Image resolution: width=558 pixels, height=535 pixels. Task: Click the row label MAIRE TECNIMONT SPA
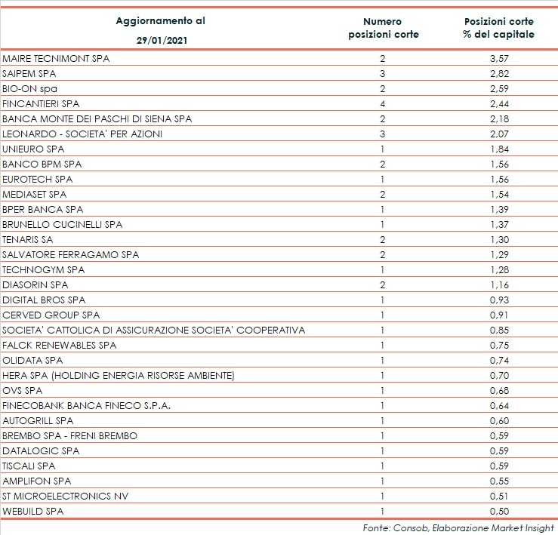57,59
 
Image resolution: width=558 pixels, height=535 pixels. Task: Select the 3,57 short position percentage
499,59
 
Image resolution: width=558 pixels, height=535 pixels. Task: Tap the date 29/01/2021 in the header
160,41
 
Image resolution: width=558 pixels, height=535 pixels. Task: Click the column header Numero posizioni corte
382,28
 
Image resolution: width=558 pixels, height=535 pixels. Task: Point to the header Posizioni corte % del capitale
499,28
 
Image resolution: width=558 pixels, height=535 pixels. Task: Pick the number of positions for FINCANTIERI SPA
382,104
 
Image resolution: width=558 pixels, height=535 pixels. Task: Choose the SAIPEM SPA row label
29,74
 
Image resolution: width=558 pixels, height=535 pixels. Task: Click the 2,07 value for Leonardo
499,134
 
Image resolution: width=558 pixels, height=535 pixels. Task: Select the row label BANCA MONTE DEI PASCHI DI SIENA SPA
97,119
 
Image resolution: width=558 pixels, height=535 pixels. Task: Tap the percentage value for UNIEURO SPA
499,149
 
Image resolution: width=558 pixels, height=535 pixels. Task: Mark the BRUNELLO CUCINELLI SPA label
63,225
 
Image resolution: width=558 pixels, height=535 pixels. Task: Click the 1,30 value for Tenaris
499,240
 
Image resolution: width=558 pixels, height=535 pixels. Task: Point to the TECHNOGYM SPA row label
44,270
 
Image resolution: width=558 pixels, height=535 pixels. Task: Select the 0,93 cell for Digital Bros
499,300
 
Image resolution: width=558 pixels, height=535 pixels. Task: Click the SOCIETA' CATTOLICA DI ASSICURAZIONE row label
154,331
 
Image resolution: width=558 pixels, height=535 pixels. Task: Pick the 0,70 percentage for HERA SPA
499,376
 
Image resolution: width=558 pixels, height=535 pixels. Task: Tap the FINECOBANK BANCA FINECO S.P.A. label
87,406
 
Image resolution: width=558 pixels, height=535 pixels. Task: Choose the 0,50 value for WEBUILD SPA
499,512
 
